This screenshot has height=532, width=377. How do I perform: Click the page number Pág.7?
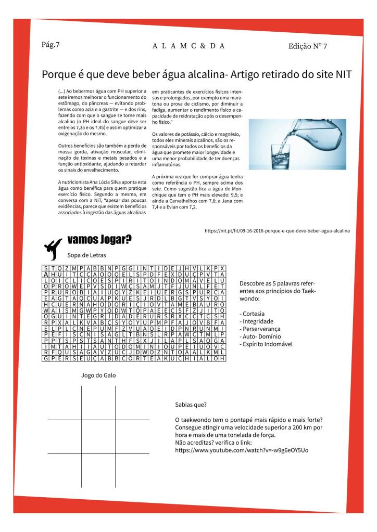[51, 44]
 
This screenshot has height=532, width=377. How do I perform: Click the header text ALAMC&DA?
[188, 46]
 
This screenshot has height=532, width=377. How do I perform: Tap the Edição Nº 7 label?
[308, 46]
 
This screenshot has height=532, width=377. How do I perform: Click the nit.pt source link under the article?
[277, 230]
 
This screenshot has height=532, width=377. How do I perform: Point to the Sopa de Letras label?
[86, 255]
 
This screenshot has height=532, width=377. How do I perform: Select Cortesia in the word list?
[254, 314]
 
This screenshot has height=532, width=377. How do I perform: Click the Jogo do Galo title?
[98, 375]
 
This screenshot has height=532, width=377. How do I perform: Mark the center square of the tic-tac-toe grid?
[98, 436]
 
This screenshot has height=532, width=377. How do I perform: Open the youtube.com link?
[242, 450]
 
